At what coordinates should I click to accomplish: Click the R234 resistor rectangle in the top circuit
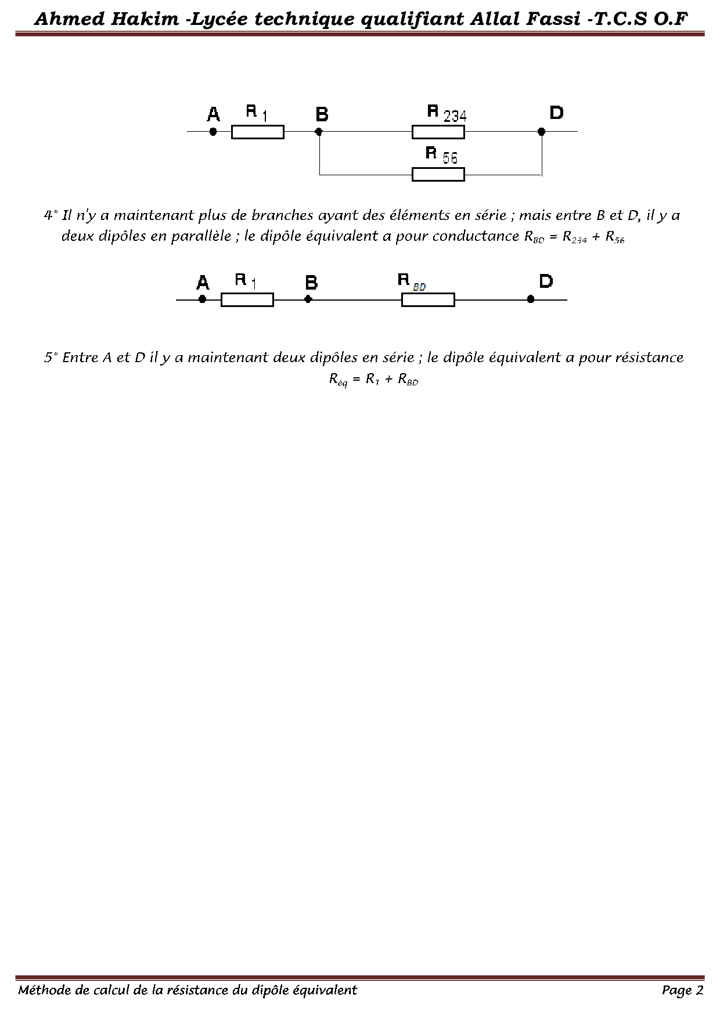click(x=438, y=132)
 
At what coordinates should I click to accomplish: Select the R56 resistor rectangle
click(x=438, y=174)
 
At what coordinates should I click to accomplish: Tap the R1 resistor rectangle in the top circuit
click(x=257, y=132)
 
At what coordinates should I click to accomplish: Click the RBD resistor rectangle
click(x=428, y=300)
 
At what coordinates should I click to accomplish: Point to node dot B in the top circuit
click(x=319, y=132)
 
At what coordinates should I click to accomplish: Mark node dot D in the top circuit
click(x=541, y=132)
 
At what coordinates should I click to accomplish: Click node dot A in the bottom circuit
click(x=202, y=299)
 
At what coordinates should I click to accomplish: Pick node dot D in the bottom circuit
click(x=531, y=299)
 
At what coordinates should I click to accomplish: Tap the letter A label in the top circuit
click(x=213, y=114)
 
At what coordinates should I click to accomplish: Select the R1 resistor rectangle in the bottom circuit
click(x=247, y=300)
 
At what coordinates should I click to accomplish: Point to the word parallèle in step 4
click(x=200, y=237)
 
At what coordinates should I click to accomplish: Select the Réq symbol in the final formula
click(x=338, y=380)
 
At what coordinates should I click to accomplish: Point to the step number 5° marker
click(x=51, y=358)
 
